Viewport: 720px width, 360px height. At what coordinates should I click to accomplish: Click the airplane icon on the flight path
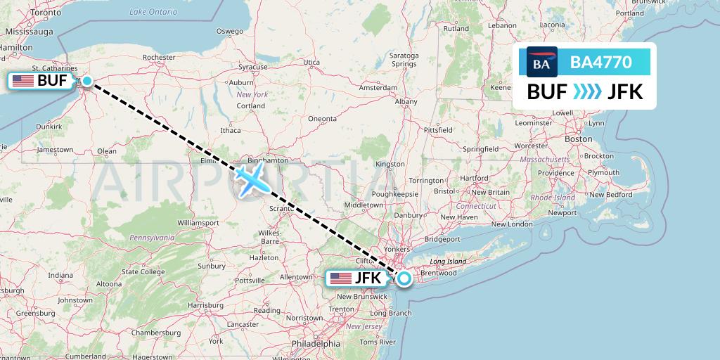tap(251, 179)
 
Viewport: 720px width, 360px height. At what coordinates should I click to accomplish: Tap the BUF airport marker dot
tap(87, 82)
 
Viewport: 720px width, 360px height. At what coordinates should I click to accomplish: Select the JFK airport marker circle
tap(405, 278)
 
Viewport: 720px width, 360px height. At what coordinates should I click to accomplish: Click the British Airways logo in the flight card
tap(542, 63)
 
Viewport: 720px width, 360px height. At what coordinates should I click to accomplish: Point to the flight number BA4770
tap(601, 63)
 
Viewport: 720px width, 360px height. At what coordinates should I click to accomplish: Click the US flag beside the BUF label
tap(23, 81)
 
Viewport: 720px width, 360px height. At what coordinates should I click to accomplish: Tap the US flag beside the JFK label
tap(341, 278)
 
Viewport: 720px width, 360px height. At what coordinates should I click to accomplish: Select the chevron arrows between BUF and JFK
tap(587, 92)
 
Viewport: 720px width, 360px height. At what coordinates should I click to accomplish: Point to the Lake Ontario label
tap(153, 12)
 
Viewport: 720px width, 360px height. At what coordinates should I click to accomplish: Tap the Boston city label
tap(579, 139)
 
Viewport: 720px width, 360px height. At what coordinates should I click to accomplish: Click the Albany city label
tap(406, 101)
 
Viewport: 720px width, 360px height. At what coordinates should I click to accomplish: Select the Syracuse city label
tap(252, 67)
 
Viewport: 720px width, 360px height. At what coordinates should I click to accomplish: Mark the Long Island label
tap(448, 262)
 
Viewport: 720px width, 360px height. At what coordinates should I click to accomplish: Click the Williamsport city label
tap(198, 222)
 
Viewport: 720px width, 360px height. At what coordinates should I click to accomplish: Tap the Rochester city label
tap(158, 58)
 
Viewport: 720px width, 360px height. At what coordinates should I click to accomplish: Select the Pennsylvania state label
tap(152, 238)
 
